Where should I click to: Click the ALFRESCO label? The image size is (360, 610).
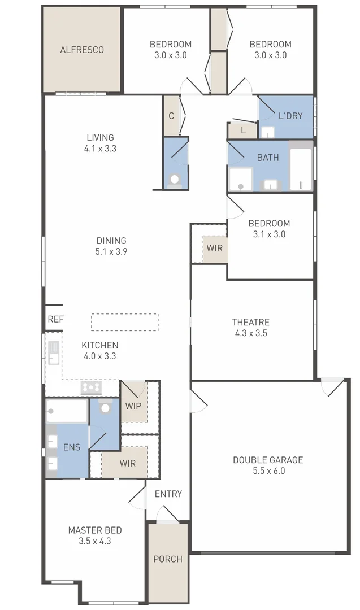pyautogui.click(x=82, y=50)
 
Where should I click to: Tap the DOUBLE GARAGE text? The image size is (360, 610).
pyautogui.click(x=268, y=460)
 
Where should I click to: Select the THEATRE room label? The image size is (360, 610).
pyautogui.click(x=250, y=322)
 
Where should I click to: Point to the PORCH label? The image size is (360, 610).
pyautogui.click(x=168, y=559)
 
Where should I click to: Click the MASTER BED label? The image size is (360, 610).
pyautogui.click(x=94, y=530)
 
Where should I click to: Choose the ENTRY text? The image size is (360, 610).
pyautogui.click(x=168, y=494)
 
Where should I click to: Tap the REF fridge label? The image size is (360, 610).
pyautogui.click(x=55, y=319)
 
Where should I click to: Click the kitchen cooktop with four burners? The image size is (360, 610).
pyautogui.click(x=91, y=387)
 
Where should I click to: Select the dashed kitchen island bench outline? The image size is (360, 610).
pyautogui.click(x=125, y=322)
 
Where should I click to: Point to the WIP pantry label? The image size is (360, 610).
pyautogui.click(x=133, y=406)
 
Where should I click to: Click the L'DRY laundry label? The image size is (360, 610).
pyautogui.click(x=290, y=116)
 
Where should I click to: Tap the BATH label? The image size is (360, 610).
pyautogui.click(x=267, y=158)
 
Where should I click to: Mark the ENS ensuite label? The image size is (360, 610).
pyautogui.click(x=72, y=447)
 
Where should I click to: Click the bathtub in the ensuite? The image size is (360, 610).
pyautogui.click(x=67, y=411)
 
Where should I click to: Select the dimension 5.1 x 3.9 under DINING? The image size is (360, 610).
pyautogui.click(x=111, y=252)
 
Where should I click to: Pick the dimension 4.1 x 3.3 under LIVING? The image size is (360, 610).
pyautogui.click(x=100, y=149)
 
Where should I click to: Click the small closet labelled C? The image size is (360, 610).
pyautogui.click(x=171, y=116)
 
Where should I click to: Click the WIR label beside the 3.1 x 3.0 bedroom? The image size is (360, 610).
pyautogui.click(x=214, y=248)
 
